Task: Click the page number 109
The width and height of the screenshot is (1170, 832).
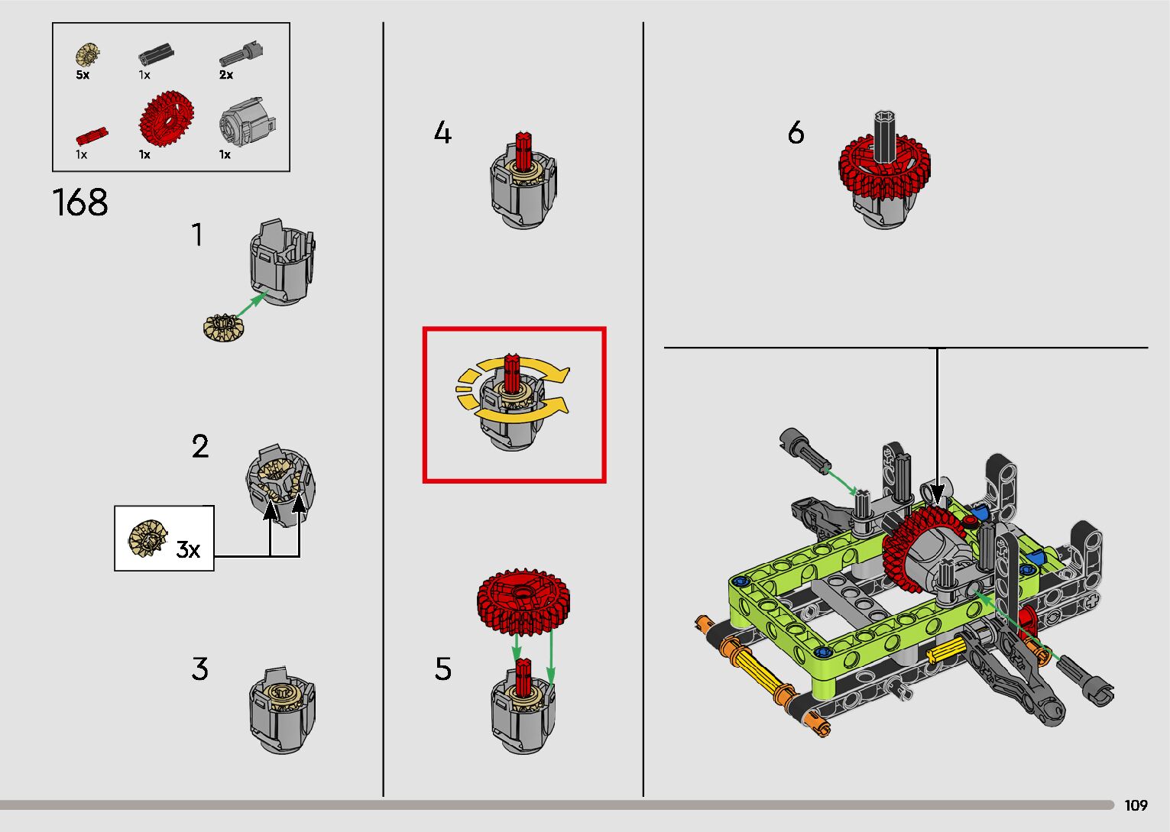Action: [x=1136, y=805]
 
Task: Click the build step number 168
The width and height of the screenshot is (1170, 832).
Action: [x=80, y=203]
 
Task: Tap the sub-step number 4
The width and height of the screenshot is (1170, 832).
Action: [x=442, y=134]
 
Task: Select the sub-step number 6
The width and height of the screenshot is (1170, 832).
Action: [x=796, y=134]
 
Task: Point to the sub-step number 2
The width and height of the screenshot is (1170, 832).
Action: [x=199, y=447]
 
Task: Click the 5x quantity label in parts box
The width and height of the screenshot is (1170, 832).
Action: [x=83, y=76]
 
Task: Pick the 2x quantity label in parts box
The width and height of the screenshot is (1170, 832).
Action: [x=226, y=75]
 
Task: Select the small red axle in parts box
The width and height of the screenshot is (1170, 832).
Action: [x=91, y=136]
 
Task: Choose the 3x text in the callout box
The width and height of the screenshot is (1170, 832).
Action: [x=188, y=549]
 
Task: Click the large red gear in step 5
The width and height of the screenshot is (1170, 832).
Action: [x=523, y=600]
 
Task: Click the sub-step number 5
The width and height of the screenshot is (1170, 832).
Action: [x=443, y=669]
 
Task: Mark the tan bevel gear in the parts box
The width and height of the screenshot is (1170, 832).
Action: [x=89, y=55]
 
